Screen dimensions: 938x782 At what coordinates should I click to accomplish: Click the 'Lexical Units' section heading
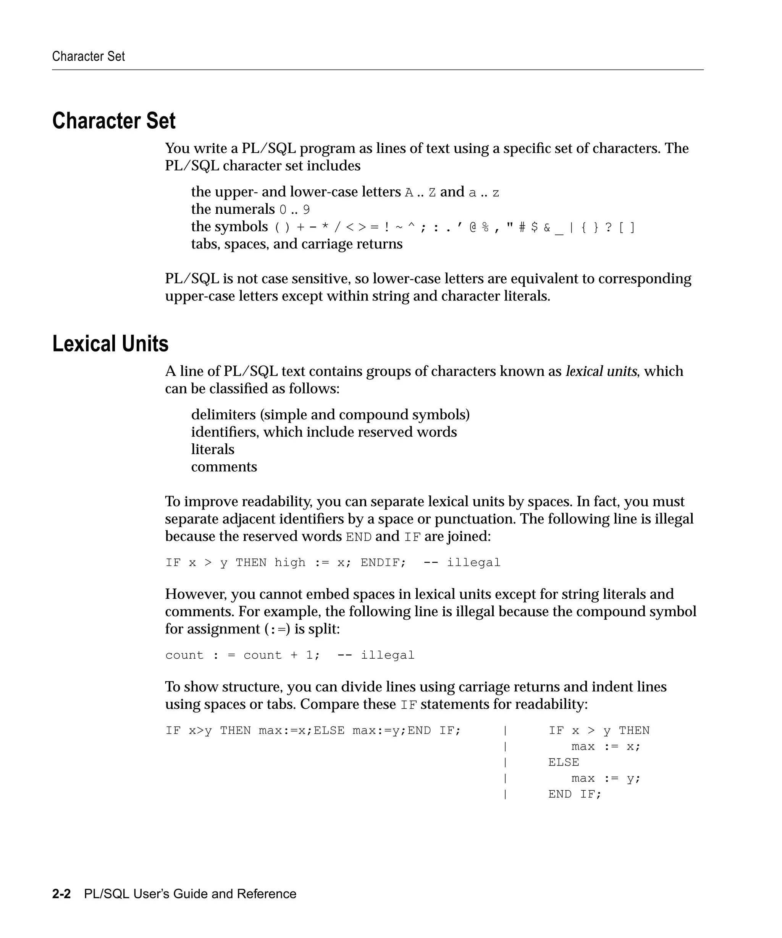click(x=110, y=344)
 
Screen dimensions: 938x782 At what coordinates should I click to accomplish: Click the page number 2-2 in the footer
click(x=61, y=894)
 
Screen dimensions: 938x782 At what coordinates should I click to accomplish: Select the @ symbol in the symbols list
click(x=473, y=228)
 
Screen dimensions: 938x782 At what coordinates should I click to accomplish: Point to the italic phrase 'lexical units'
click(x=601, y=371)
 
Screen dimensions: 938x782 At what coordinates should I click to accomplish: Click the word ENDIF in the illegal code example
click(x=382, y=562)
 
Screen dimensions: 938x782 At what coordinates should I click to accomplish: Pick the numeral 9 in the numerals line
click(x=306, y=210)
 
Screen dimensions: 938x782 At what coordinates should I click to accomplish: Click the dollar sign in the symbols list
click(x=535, y=228)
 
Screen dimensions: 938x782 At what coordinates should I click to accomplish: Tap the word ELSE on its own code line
click(x=564, y=762)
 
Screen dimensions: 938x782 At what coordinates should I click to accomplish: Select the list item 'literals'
click(x=213, y=449)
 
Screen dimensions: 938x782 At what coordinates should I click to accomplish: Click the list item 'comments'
click(x=224, y=467)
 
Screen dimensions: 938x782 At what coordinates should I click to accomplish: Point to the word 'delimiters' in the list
click(x=223, y=414)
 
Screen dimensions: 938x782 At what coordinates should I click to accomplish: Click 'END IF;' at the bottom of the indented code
click(x=575, y=794)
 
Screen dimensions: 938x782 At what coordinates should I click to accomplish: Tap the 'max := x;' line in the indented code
click(x=606, y=746)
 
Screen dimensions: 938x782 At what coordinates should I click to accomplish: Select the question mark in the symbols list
click(x=608, y=228)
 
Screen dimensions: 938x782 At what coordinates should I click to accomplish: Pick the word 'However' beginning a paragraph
click(x=195, y=594)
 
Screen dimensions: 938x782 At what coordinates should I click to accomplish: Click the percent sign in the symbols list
click(x=485, y=228)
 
